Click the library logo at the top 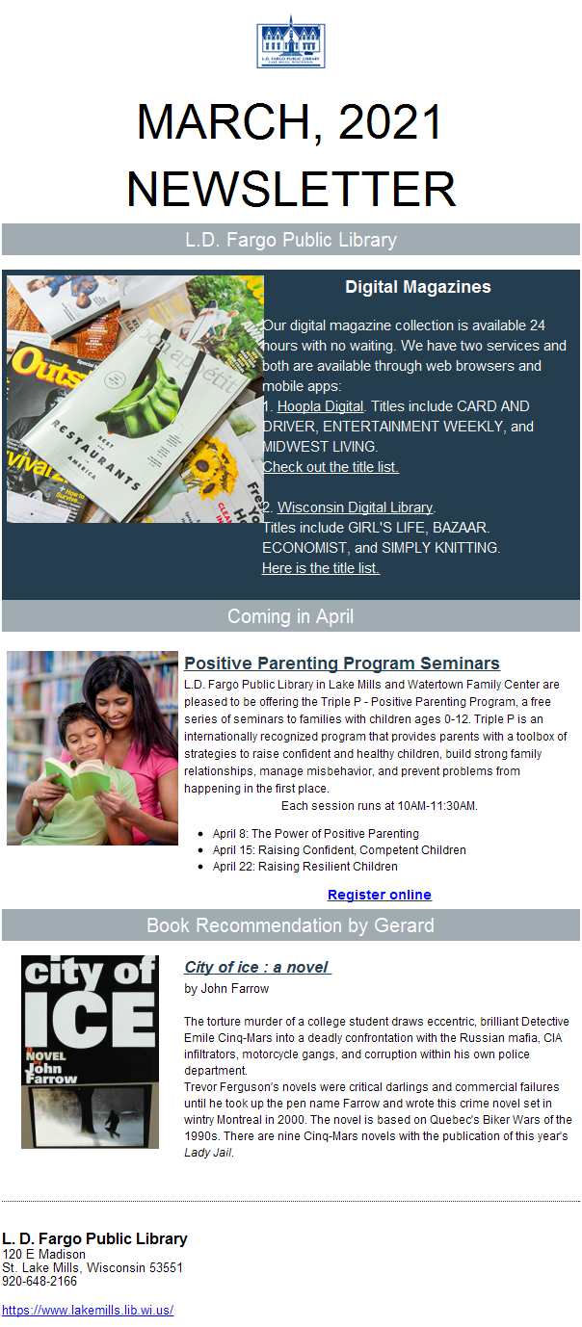click(290, 42)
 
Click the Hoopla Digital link click(320, 406)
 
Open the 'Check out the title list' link click(331, 467)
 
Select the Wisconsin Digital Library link click(355, 507)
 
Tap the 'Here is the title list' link click(321, 568)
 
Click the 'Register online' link click(380, 895)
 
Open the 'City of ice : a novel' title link click(257, 968)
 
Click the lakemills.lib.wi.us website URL click(88, 1310)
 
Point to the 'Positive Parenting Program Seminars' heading click(342, 663)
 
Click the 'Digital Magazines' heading click(418, 287)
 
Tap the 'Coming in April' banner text click(290, 616)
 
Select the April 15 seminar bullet click(339, 850)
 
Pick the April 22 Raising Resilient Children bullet click(305, 866)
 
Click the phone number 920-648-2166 click(40, 1282)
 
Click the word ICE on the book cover click(90, 1020)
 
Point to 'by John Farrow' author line click(226, 989)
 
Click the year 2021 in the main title click(390, 122)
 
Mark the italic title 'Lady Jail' click(208, 1153)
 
